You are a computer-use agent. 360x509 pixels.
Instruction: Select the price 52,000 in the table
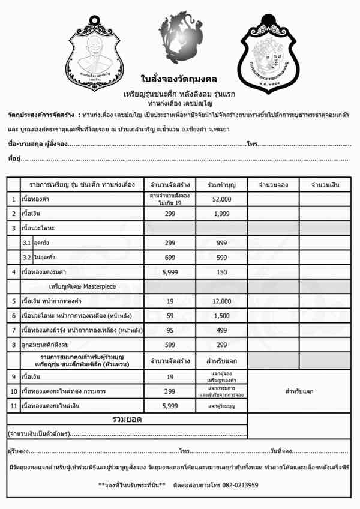pos(221,199)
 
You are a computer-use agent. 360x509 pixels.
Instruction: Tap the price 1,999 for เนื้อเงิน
pos(221,214)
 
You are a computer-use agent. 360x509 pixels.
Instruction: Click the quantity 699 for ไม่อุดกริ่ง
pos(170,257)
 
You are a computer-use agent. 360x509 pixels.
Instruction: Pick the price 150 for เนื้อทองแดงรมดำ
pos(221,272)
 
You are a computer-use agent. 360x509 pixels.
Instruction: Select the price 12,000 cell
pos(221,301)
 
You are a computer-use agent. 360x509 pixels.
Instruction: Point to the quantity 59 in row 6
pos(170,316)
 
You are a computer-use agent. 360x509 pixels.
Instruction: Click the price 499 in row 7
pos(221,330)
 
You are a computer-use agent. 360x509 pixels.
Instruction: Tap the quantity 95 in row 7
pos(170,330)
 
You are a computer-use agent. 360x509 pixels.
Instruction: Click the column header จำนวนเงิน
pos(325,184)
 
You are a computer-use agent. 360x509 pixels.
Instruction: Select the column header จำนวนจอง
pos(273,184)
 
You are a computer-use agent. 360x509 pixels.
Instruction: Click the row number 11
pos(13,406)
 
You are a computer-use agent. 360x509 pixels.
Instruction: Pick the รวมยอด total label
pos(127,420)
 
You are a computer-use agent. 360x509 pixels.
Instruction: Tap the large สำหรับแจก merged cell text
pos(299,391)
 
